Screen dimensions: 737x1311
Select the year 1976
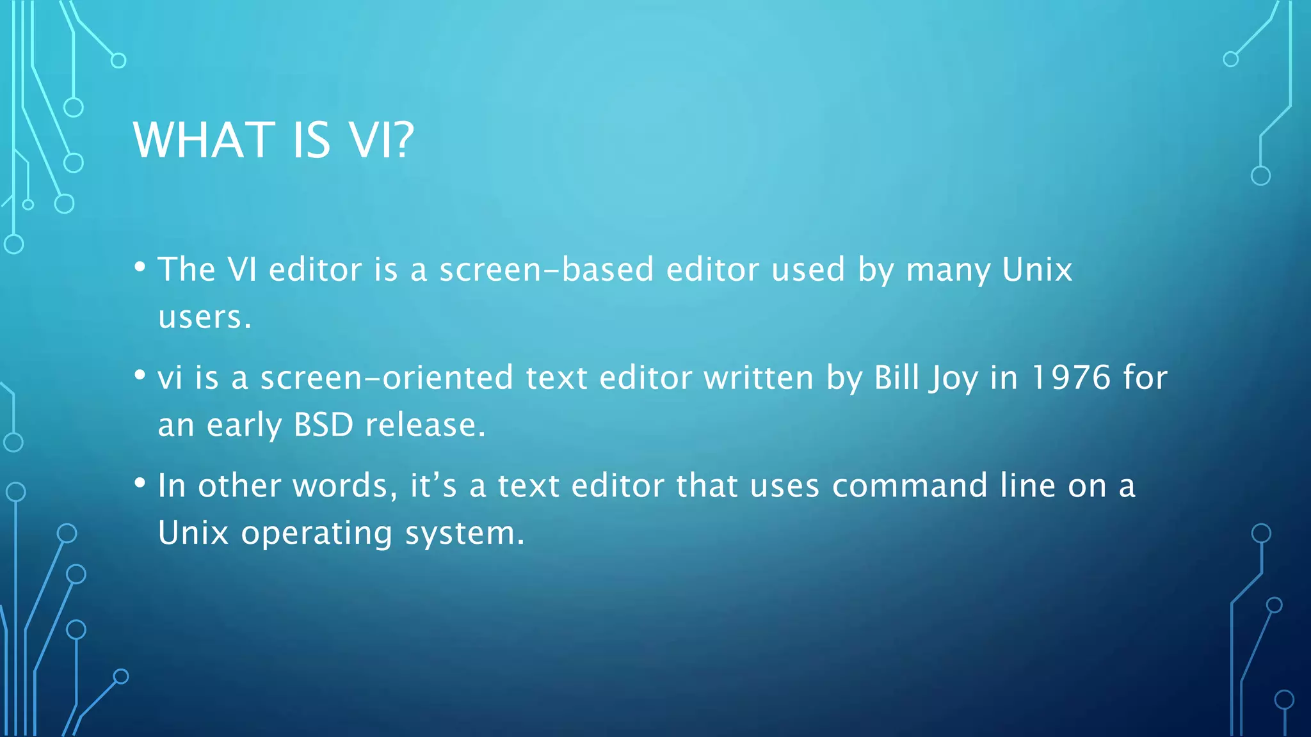(x=1071, y=377)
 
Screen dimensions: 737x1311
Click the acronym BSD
(x=323, y=425)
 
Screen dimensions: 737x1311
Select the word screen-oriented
(x=387, y=377)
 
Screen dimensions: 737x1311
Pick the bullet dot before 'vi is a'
(x=140, y=376)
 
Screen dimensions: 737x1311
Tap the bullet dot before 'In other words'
(x=140, y=484)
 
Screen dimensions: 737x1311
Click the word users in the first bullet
(x=204, y=317)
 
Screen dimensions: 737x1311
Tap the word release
(x=425, y=425)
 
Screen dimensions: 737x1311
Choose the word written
(x=759, y=377)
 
